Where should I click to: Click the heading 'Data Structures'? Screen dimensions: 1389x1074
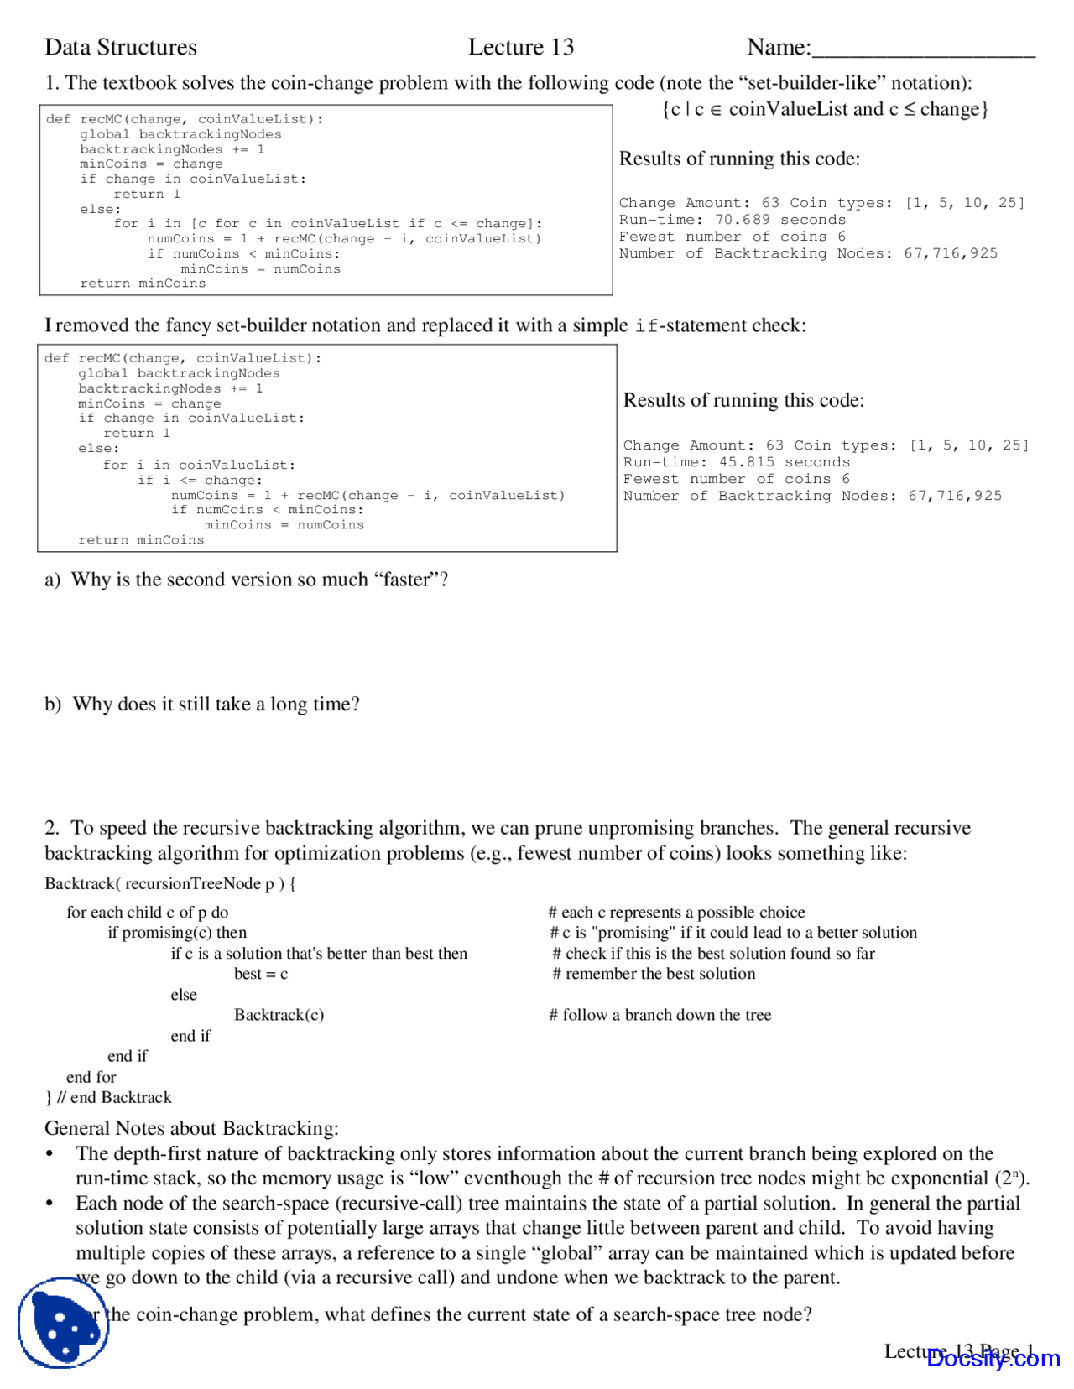(121, 47)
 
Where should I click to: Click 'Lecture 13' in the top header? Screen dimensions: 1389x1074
(520, 47)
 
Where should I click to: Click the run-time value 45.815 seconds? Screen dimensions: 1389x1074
(784, 462)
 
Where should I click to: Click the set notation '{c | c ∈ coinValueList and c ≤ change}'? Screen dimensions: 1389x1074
(825, 109)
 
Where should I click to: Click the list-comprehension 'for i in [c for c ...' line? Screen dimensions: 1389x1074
(327, 223)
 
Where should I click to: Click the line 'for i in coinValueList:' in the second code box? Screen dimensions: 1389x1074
(199, 465)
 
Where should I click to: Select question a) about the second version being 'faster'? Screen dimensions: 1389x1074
(247, 580)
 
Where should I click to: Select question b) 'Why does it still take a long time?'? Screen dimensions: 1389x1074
(202, 704)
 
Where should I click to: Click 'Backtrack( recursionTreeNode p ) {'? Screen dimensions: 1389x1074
(170, 883)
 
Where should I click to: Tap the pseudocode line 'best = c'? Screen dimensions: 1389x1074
(261, 974)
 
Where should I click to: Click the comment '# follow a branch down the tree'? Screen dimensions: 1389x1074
(660, 1015)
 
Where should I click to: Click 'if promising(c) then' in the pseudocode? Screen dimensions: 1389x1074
(177, 933)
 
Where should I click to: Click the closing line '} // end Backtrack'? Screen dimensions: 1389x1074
(108, 1097)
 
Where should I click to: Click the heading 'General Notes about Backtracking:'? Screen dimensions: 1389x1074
(191, 1128)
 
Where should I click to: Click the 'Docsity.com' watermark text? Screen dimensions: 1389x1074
(993, 1359)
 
